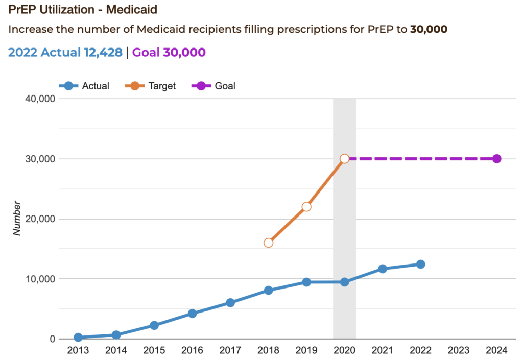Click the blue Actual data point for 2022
pyautogui.click(x=420, y=264)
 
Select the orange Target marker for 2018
pyautogui.click(x=268, y=243)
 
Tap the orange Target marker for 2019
pyautogui.click(x=306, y=207)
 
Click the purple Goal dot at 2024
pyautogui.click(x=496, y=159)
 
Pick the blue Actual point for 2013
pyautogui.click(x=78, y=337)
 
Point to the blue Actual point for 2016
pyautogui.click(x=192, y=313)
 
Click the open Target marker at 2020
pyautogui.click(x=344, y=159)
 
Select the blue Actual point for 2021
pyautogui.click(x=382, y=269)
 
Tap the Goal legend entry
pyautogui.click(x=214, y=86)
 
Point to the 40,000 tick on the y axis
pyautogui.click(x=40, y=99)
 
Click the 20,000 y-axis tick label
pyautogui.click(x=40, y=219)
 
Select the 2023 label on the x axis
pyautogui.click(x=458, y=350)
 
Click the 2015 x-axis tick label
pyautogui.click(x=154, y=350)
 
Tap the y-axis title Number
pyautogui.click(x=17, y=219)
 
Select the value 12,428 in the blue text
pyautogui.click(x=103, y=52)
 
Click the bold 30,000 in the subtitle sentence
pyautogui.click(x=429, y=29)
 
